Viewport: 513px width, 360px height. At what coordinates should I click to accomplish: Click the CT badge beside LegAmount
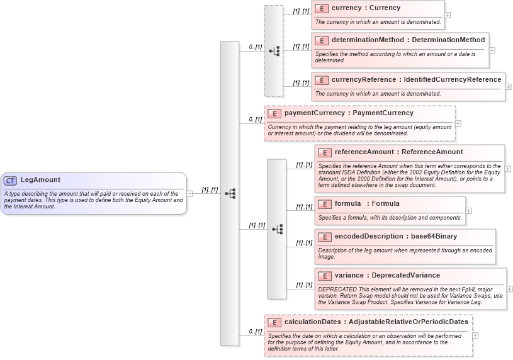coord(11,181)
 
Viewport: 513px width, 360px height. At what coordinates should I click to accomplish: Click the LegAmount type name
coord(40,180)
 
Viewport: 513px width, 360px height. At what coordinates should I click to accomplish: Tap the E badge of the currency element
coord(322,9)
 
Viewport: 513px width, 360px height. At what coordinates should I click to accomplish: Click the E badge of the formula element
coord(325,204)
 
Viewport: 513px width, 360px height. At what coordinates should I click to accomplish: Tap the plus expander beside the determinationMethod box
coord(492,50)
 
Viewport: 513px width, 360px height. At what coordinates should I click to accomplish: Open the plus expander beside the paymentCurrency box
coord(458,123)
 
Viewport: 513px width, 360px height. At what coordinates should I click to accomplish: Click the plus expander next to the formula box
coord(468,210)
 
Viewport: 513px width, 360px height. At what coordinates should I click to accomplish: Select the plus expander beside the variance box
coord(509,289)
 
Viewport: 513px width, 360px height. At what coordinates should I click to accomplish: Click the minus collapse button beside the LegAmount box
coord(190,193)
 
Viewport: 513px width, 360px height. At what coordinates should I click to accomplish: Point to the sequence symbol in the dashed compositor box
coord(274,51)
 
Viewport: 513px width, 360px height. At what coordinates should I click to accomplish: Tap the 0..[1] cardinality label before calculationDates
coord(255,331)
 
